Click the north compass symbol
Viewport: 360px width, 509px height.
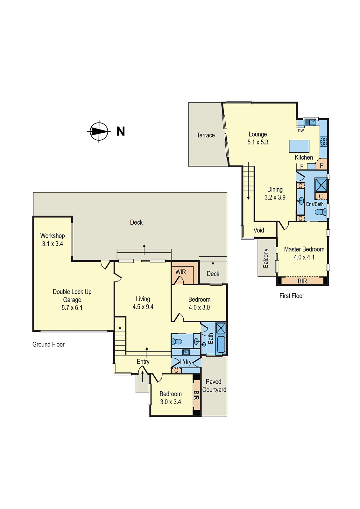click(99, 131)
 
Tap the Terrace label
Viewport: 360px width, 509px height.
click(206, 135)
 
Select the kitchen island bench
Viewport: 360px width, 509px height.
click(299, 146)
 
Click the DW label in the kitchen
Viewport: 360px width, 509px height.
click(301, 131)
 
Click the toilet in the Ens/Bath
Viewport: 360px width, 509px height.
click(320, 212)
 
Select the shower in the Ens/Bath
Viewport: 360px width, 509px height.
click(321, 185)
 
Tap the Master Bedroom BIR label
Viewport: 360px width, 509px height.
click(302, 281)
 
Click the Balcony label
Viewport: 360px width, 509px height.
click(266, 258)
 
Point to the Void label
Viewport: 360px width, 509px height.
click(259, 230)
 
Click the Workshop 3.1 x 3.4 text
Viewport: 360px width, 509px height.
click(53, 240)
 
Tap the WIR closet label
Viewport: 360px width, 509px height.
click(180, 272)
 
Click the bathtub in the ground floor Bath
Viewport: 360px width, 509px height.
click(221, 344)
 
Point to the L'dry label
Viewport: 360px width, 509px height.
click(186, 362)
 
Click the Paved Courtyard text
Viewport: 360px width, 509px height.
click(214, 386)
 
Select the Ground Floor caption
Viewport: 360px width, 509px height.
click(48, 344)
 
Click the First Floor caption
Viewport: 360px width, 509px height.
click(292, 296)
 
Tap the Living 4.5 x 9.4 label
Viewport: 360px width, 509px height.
click(143, 303)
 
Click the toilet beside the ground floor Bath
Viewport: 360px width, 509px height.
click(177, 342)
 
